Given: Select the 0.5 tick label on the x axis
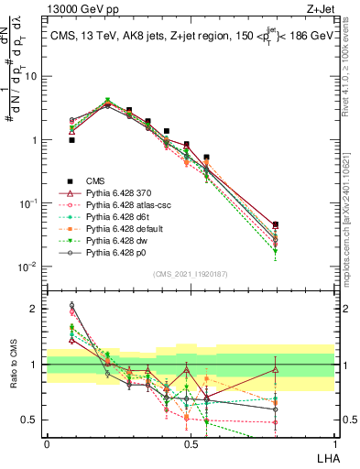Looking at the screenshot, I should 191,443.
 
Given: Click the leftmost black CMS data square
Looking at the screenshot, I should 71,140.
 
